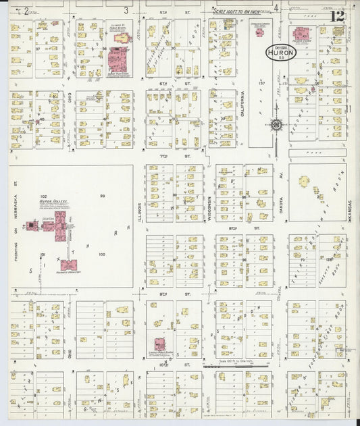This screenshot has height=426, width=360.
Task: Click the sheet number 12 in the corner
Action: [x=338, y=15]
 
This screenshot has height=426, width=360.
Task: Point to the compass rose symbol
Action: [x=276, y=124]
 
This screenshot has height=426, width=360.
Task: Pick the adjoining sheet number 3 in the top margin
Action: [x=126, y=10]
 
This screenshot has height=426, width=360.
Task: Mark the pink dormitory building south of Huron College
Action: [x=70, y=265]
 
